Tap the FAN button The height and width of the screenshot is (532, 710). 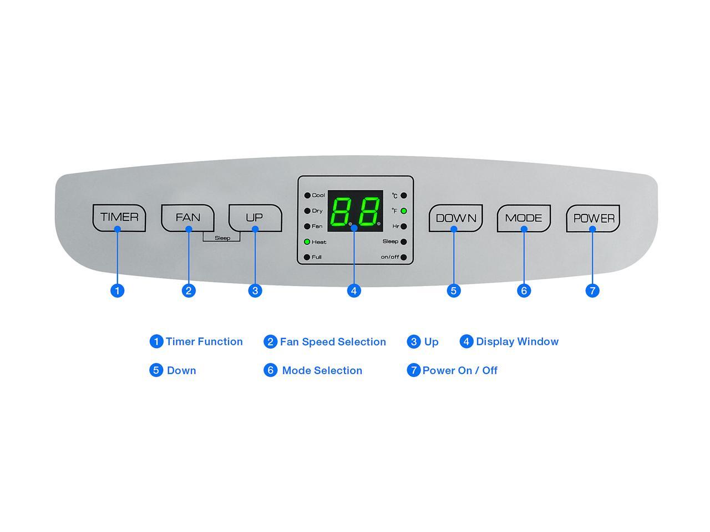(x=187, y=218)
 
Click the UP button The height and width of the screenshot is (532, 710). (x=255, y=218)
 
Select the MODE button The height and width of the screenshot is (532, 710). (x=524, y=218)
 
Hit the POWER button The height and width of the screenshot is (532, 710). (x=593, y=218)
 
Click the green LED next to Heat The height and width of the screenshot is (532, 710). (x=307, y=242)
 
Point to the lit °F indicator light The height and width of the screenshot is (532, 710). (x=403, y=211)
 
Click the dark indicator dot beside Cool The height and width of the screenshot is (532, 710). (x=307, y=196)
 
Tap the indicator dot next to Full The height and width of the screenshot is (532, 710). (x=307, y=257)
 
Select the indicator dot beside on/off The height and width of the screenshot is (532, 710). (x=403, y=257)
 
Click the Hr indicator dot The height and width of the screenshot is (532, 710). (x=403, y=227)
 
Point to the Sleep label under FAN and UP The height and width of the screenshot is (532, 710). (x=222, y=238)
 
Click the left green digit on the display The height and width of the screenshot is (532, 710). (x=341, y=212)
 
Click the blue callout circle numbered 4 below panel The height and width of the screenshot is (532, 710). (x=354, y=291)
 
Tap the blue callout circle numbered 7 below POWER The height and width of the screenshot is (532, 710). (x=592, y=291)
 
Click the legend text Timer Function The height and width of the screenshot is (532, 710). (x=204, y=341)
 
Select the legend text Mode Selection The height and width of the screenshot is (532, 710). (x=322, y=370)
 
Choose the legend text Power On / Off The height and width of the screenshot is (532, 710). (x=460, y=370)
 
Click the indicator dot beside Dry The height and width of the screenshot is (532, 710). (x=307, y=211)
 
